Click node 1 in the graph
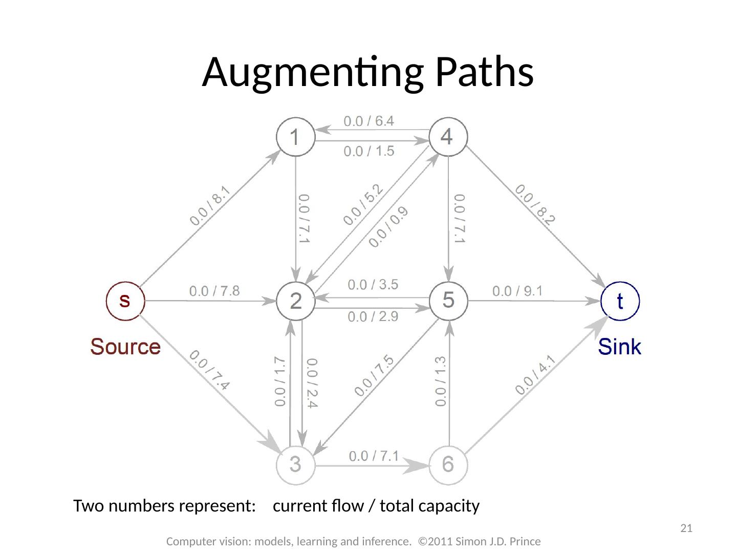coord(295,137)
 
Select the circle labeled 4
coord(448,137)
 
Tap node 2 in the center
coord(295,301)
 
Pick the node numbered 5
coord(448,300)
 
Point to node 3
coord(295,464)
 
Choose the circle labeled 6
coord(448,464)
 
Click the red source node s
coord(125,301)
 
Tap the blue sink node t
coord(620,301)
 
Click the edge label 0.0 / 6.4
coord(368,121)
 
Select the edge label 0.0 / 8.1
coord(210,206)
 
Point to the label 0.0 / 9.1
coord(517,291)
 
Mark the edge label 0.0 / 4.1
coord(535,375)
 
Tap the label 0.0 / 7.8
coord(214,291)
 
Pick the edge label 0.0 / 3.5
coord(373,284)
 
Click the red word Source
coord(125,347)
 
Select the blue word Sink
coord(619,347)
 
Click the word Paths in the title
coord(484,72)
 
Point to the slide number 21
coord(686,528)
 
